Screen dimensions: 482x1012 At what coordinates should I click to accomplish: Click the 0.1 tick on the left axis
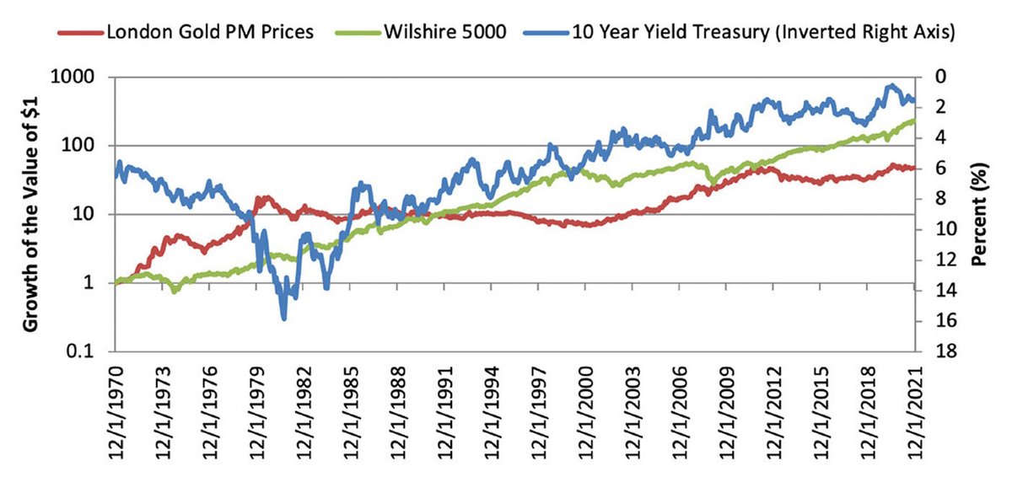tap(91, 351)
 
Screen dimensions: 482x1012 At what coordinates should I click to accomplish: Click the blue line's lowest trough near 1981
tap(283, 318)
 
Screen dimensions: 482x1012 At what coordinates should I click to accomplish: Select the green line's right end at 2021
tap(912, 121)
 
